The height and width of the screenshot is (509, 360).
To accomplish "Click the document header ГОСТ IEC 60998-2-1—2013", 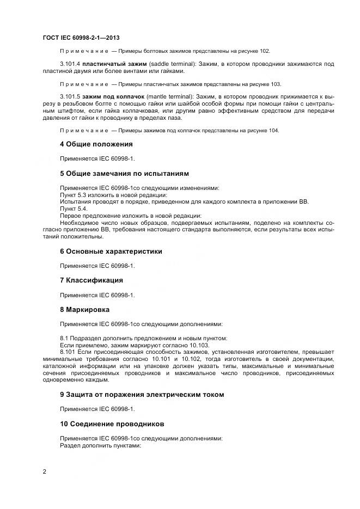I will click(x=81, y=37).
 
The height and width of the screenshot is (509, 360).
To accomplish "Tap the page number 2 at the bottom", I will click(x=44, y=471).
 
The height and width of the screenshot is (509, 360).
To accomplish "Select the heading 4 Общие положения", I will click(x=96, y=144).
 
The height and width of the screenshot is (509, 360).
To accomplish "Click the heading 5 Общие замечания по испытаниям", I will click(x=124, y=174).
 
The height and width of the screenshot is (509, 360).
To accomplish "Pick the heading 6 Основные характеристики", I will click(x=111, y=252).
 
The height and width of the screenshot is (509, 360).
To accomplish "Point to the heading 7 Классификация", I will click(x=91, y=280).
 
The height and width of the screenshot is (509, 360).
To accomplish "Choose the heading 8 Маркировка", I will click(x=84, y=309).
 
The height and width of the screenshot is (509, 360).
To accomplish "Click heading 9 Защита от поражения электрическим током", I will click(x=141, y=394).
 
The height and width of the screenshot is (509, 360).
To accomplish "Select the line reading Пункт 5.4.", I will click(x=73, y=208).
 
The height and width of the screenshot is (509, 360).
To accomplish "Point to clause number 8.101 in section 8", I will click(x=68, y=352).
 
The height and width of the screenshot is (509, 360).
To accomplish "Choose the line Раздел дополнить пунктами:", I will click(x=100, y=445).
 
